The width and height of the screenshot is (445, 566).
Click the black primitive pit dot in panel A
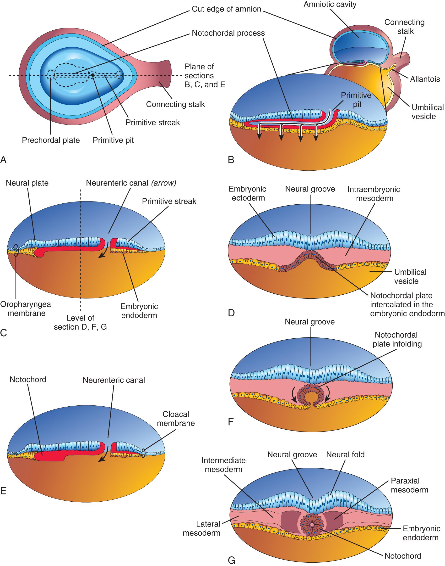[93, 75]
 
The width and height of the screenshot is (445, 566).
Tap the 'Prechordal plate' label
[51, 140]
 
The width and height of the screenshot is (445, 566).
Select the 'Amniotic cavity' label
[330, 5]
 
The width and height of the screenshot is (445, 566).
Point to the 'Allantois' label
[425, 79]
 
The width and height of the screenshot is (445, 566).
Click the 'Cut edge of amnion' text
[226, 9]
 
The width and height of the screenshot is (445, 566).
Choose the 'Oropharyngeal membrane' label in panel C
[27, 308]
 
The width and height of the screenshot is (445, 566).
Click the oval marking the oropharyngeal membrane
[16, 250]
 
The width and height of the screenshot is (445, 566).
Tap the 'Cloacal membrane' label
[176, 419]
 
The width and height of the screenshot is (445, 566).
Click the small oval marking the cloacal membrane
[144, 453]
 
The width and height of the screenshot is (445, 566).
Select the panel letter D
[231, 313]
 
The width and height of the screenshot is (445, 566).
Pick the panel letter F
[231, 422]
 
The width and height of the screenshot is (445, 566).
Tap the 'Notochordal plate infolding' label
[397, 339]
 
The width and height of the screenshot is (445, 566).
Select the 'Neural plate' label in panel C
[27, 183]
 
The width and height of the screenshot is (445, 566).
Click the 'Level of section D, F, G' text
[80, 322]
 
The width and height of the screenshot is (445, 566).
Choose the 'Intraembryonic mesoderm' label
[374, 194]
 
